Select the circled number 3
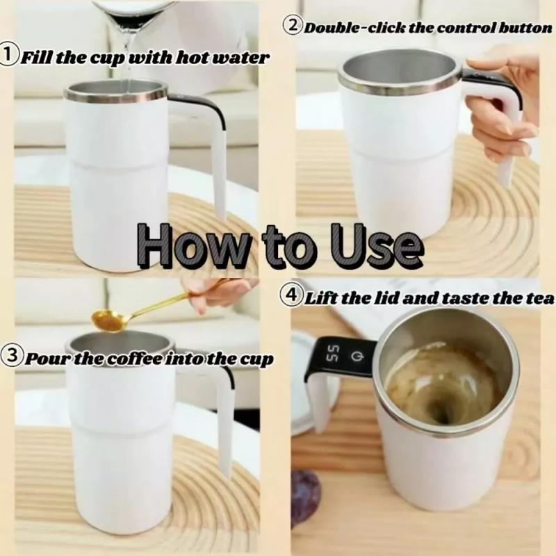click(12, 356)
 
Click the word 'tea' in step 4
click(541, 299)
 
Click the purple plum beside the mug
click(306, 492)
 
